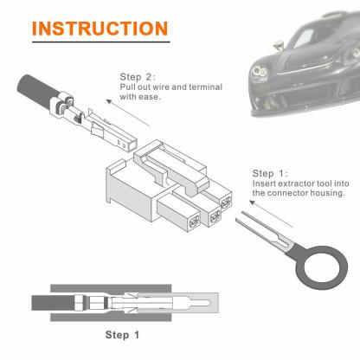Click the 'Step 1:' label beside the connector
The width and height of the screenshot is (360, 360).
[270, 172]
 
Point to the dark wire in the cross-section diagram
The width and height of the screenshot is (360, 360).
[52, 302]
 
